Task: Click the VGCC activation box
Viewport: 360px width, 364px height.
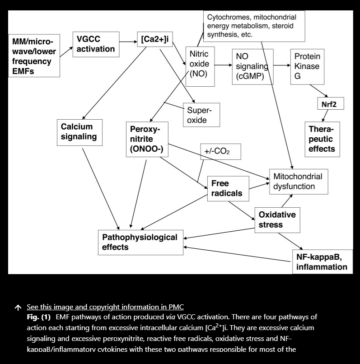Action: [x=95, y=44]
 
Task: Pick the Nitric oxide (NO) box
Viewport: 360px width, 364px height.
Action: [x=199, y=65]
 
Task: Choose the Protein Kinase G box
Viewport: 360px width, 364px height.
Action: [x=307, y=66]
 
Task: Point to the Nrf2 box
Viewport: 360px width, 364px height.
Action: [x=330, y=104]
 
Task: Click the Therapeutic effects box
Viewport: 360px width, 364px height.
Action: [x=322, y=139]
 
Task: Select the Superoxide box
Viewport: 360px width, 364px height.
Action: [x=201, y=115]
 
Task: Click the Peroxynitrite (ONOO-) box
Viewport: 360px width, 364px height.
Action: [x=147, y=139]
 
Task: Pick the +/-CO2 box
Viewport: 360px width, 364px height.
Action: [x=220, y=151]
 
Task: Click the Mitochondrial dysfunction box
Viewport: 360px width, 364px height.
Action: [x=298, y=182]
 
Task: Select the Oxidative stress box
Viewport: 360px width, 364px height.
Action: [x=277, y=219]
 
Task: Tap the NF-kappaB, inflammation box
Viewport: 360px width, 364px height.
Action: [x=322, y=262]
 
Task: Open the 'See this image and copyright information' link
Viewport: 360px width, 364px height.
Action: [x=105, y=307]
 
